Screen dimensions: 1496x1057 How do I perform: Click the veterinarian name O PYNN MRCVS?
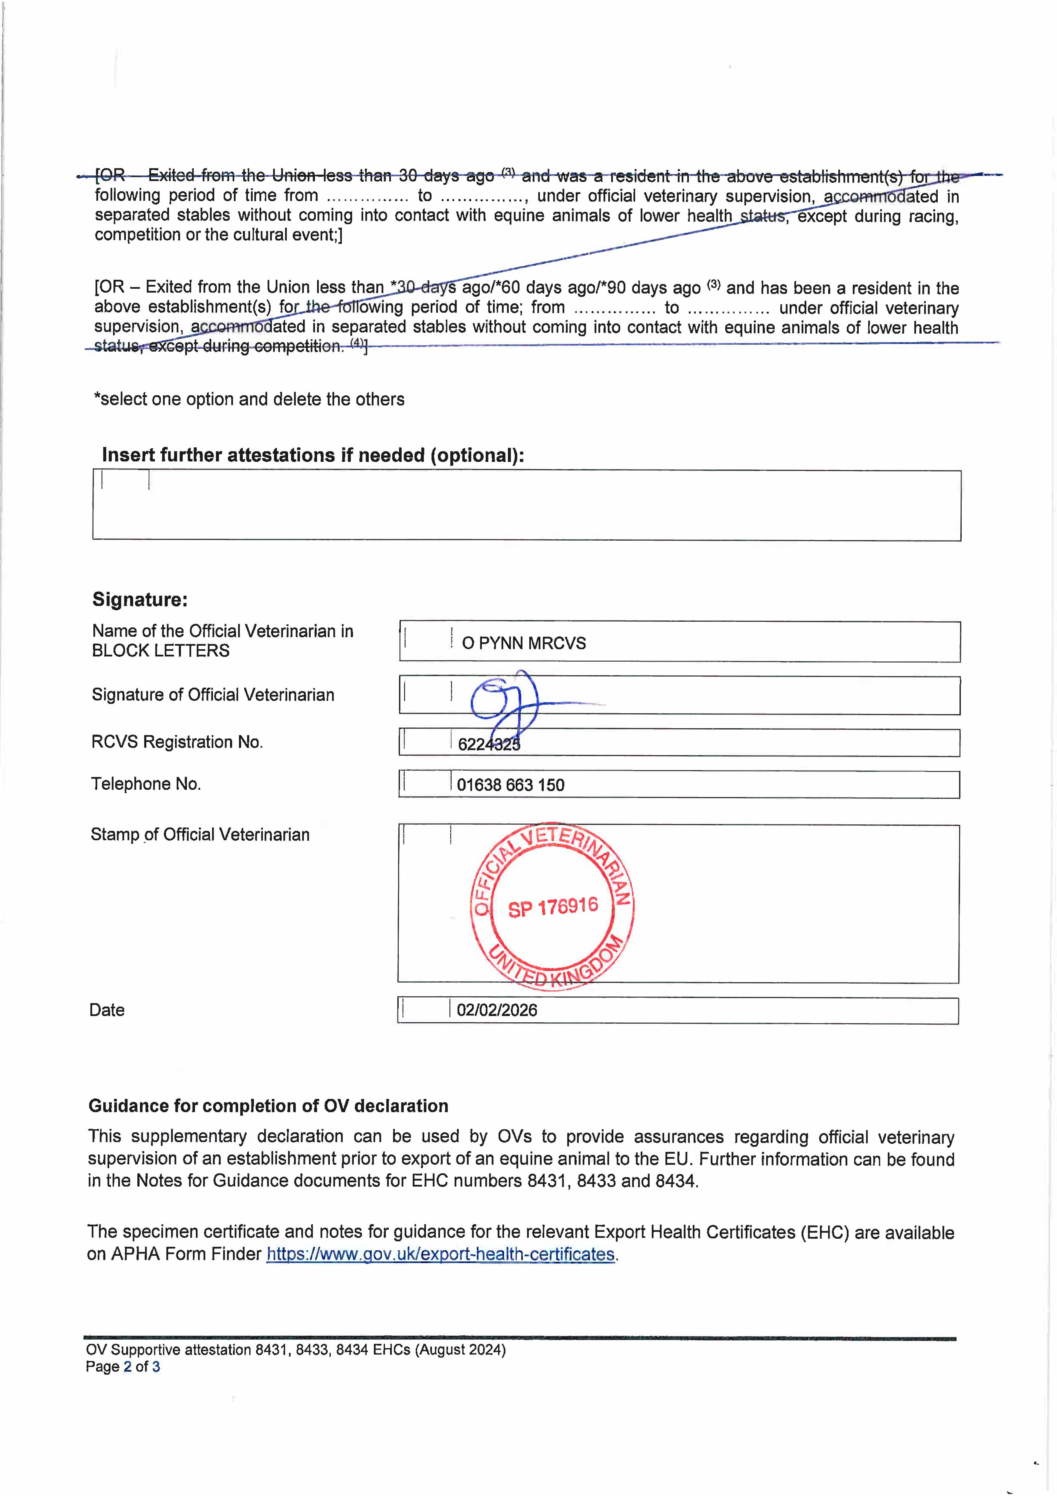point(524,643)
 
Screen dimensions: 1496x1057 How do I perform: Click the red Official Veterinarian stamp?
point(552,906)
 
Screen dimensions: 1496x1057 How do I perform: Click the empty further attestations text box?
point(526,506)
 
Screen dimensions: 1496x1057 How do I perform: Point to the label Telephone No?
point(146,784)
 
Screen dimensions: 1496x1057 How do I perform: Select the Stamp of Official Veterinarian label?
point(200,835)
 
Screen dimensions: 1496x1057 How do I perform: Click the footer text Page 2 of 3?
point(122,1367)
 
